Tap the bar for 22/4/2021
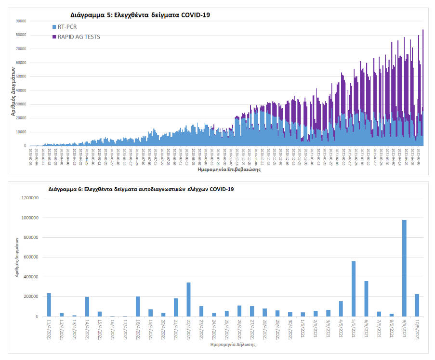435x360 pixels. [x=188, y=299]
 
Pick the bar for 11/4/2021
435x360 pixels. [x=49, y=305]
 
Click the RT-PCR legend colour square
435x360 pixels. [x=54, y=27]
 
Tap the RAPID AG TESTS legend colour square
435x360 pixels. [x=54, y=37]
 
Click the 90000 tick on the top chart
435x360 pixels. [x=20, y=21]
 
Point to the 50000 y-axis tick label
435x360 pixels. [x=20, y=77]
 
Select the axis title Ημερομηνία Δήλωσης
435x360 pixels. [x=233, y=345]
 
